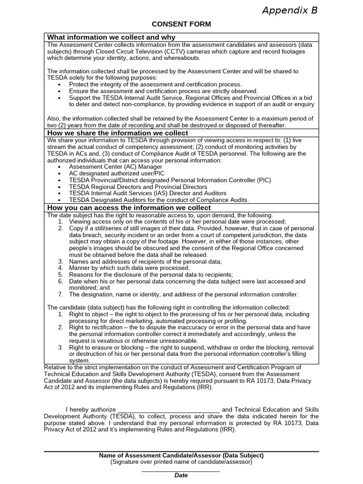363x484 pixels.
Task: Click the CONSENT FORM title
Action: pyautogui.click(x=181, y=24)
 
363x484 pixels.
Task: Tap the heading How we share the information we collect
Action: pyautogui.click(x=118, y=133)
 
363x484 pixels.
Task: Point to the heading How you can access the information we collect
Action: pyautogui.click(x=129, y=207)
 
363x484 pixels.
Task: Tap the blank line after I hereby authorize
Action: pyautogui.click(x=168, y=409)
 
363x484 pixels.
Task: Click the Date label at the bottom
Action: pyautogui.click(x=181, y=475)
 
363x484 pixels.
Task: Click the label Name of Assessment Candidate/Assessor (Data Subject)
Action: pyautogui.click(x=181, y=456)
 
